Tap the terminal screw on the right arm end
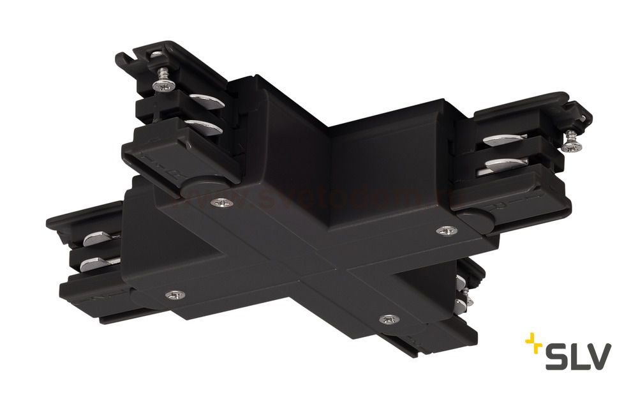(569, 144)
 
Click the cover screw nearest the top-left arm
(221, 203)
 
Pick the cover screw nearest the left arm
(174, 294)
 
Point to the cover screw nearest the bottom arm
(385, 318)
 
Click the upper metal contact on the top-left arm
(205, 100)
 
